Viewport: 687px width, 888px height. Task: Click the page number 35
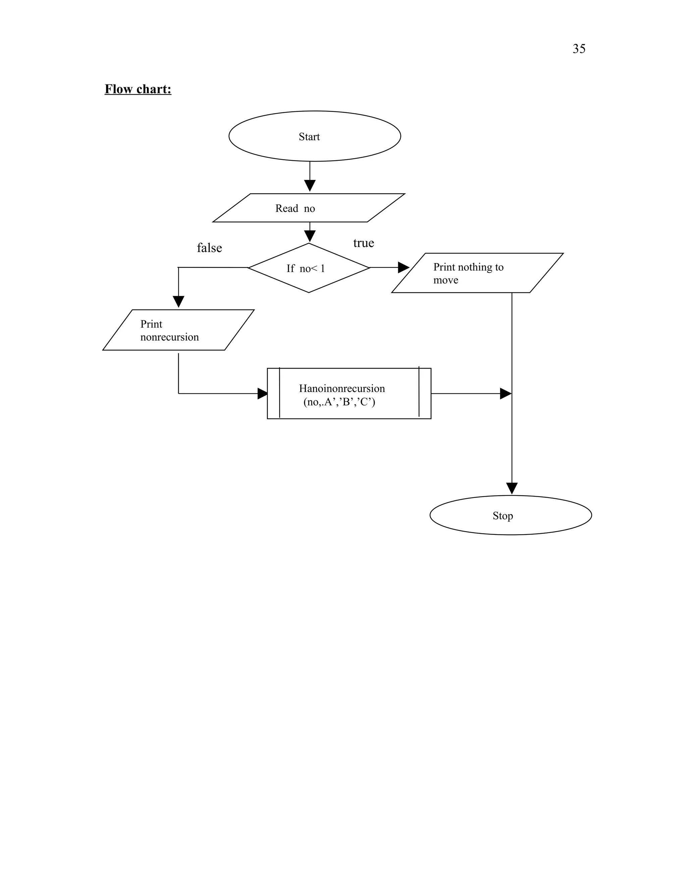(x=579, y=49)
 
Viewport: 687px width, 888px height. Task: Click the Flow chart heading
(x=138, y=89)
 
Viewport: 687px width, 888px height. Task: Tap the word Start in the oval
(x=309, y=137)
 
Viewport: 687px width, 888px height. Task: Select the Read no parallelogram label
(x=295, y=208)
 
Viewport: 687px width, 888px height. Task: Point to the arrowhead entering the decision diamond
(x=310, y=236)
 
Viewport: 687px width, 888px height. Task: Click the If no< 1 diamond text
(x=306, y=268)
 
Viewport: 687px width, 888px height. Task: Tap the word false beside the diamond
(x=209, y=248)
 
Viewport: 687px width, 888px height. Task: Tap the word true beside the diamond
(x=363, y=243)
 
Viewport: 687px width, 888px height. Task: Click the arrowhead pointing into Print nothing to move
(x=403, y=267)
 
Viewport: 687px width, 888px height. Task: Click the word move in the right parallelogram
(x=446, y=280)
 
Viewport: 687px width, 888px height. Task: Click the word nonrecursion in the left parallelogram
(x=169, y=337)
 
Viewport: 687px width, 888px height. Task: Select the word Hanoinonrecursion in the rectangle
(x=342, y=388)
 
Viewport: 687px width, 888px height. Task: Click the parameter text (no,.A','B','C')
(x=339, y=402)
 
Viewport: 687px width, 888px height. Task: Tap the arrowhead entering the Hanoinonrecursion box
(x=263, y=394)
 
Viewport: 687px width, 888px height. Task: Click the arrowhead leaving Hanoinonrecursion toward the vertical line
(x=505, y=394)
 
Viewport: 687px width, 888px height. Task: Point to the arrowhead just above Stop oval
(x=512, y=488)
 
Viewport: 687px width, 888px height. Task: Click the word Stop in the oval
(x=503, y=516)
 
